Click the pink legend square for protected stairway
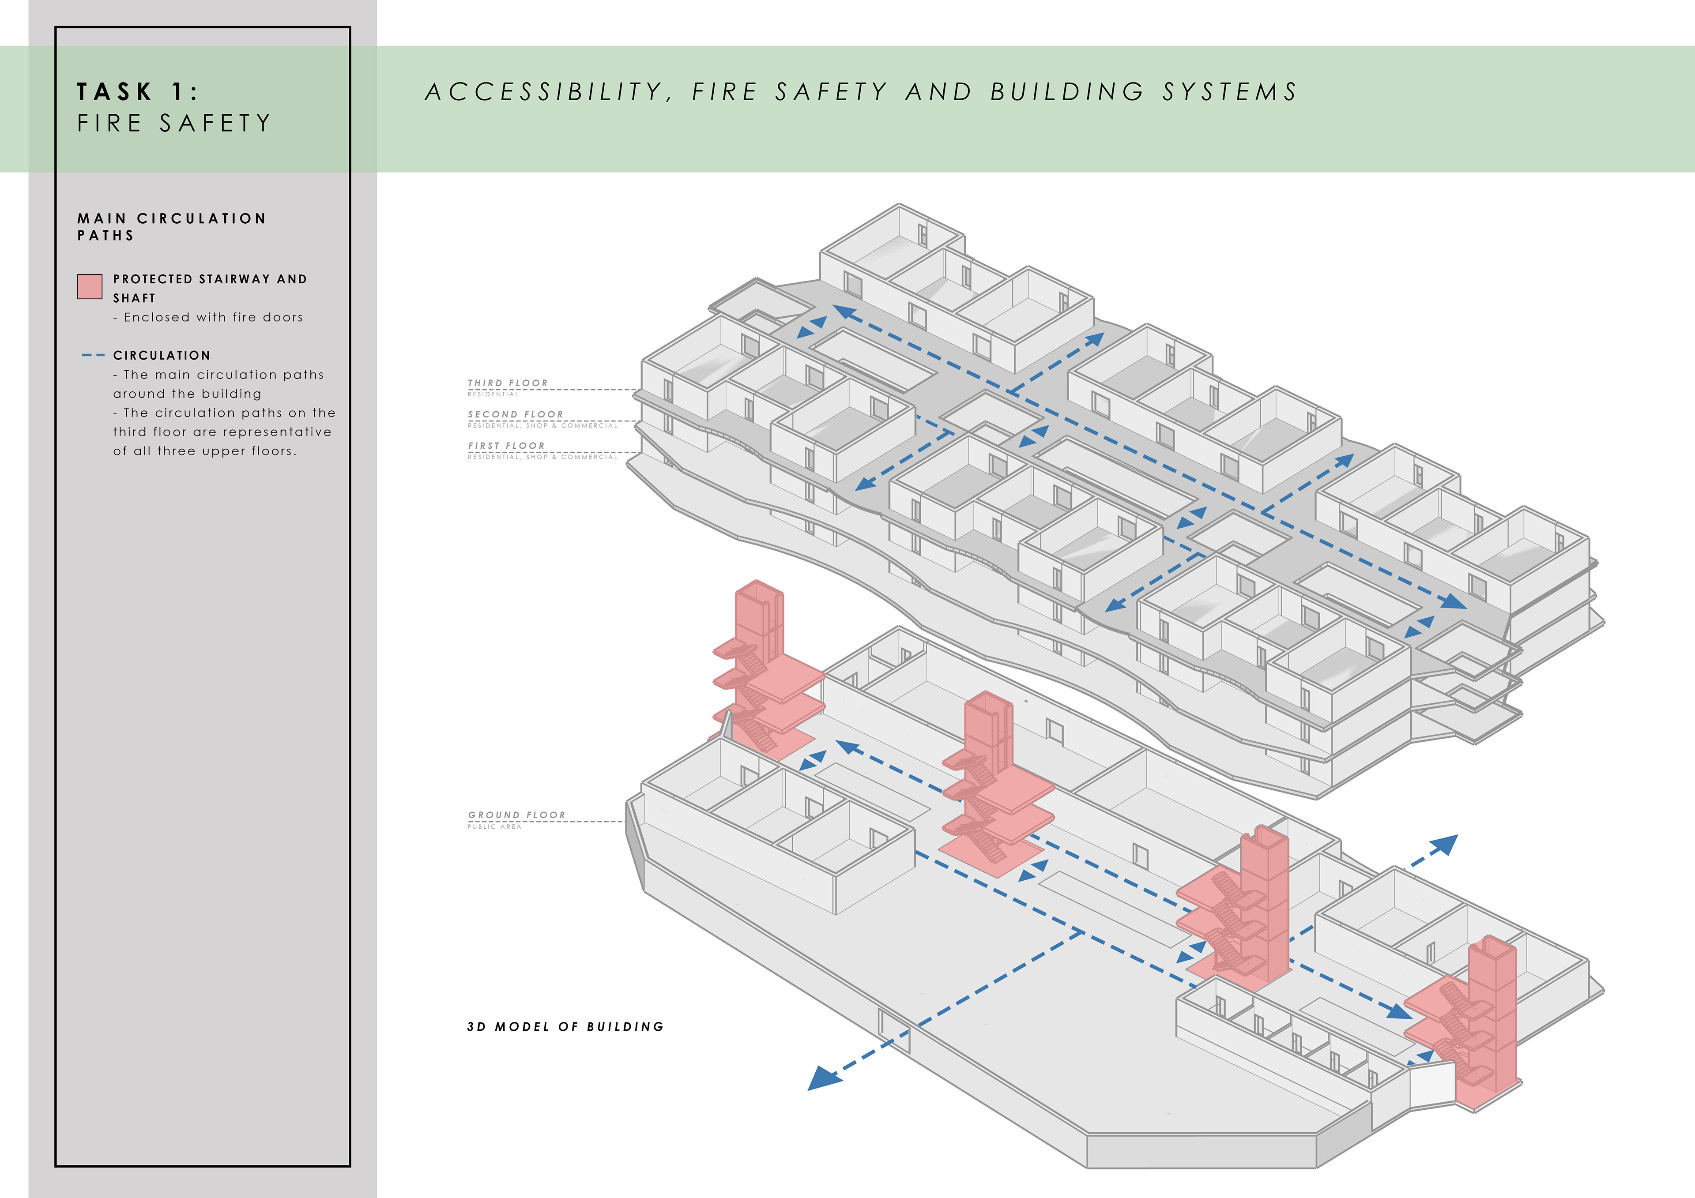point(89,286)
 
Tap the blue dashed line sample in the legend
point(93,356)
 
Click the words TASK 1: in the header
point(137,91)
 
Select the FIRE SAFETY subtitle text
point(174,123)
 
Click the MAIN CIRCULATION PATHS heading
point(171,227)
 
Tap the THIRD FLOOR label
point(508,383)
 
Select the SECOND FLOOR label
point(515,414)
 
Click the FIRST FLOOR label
point(506,446)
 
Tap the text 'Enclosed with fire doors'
point(213,317)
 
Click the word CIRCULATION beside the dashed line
point(162,356)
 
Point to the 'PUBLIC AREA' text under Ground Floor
point(494,827)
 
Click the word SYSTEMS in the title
point(1229,91)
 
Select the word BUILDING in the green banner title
point(1067,91)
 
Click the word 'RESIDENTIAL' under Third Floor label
point(493,394)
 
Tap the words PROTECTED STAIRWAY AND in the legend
point(210,279)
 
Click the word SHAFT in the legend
point(134,298)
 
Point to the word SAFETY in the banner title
point(831,91)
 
